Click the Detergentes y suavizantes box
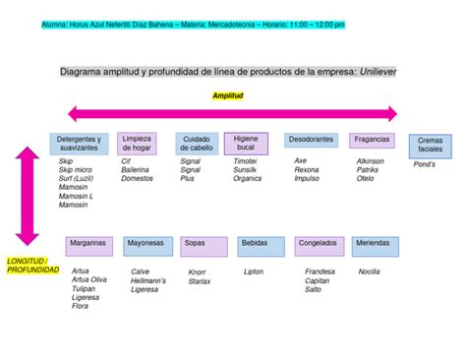[x=78, y=144]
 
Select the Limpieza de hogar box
[x=137, y=144]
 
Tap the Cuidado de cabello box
[x=197, y=144]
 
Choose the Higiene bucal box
[x=246, y=144]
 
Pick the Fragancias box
[x=372, y=140]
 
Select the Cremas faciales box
[x=430, y=146]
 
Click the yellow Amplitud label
[x=227, y=95]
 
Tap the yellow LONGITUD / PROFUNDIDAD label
[x=32, y=265]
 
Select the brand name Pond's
[x=425, y=165]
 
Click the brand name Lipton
[x=254, y=271]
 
